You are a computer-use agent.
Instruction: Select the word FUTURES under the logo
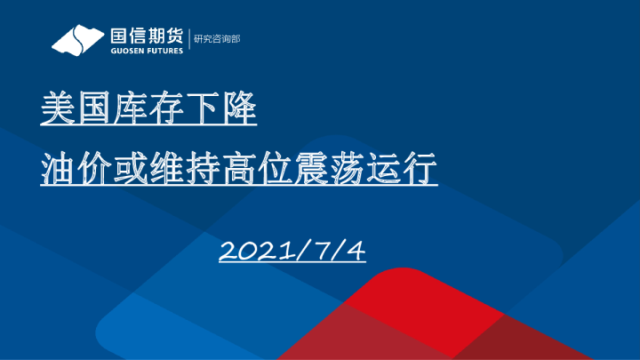(x=164, y=51)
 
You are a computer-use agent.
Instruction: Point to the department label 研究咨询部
(x=217, y=39)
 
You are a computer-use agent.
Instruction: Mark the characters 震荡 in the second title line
(x=330, y=168)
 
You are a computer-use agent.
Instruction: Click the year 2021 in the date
(x=256, y=250)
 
